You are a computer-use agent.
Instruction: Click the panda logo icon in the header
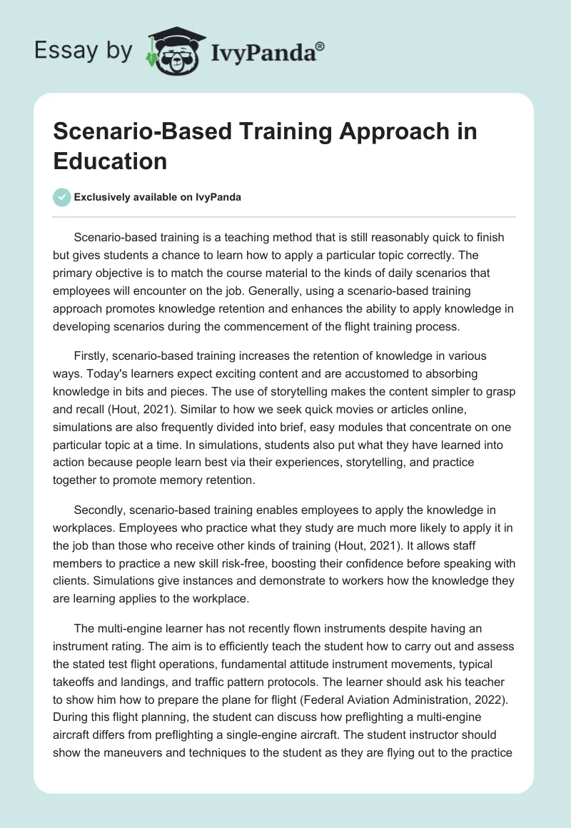[x=171, y=51]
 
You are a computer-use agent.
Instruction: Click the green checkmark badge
[x=61, y=197]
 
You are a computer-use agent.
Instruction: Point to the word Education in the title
[x=111, y=160]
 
